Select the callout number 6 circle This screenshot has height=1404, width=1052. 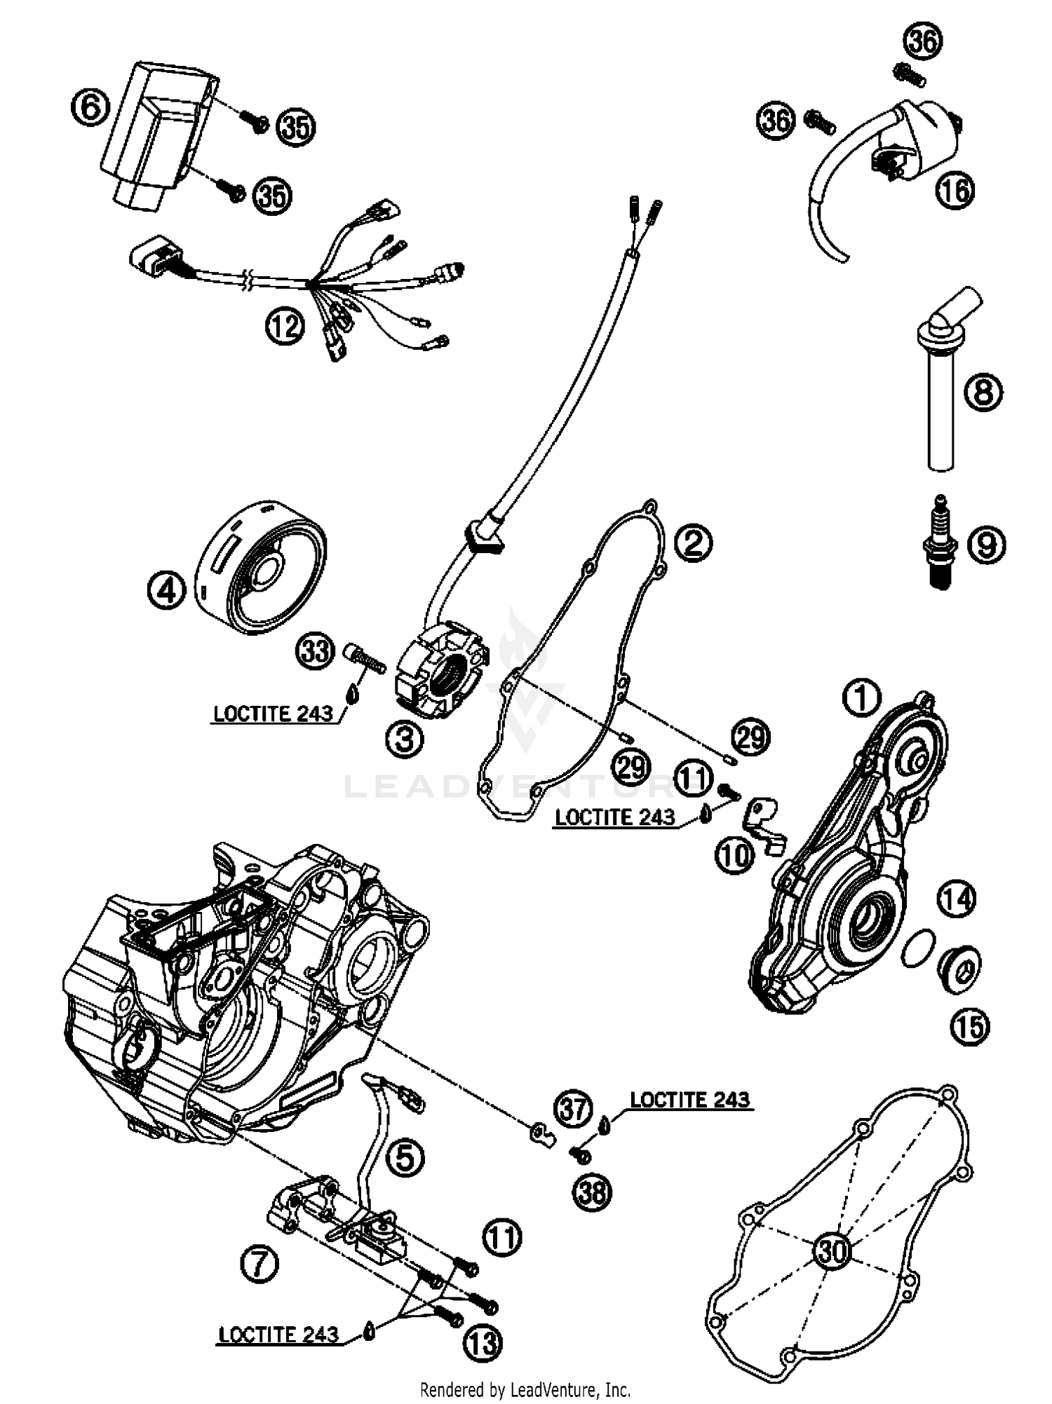(x=90, y=109)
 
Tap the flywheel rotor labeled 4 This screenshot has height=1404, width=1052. (x=262, y=567)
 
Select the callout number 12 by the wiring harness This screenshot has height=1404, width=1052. (x=285, y=326)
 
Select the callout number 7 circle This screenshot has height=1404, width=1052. (x=259, y=1265)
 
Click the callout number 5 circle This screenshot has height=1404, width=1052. (x=405, y=1158)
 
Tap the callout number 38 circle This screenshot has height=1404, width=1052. (x=592, y=1191)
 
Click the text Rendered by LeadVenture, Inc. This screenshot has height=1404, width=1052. (x=525, y=1389)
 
